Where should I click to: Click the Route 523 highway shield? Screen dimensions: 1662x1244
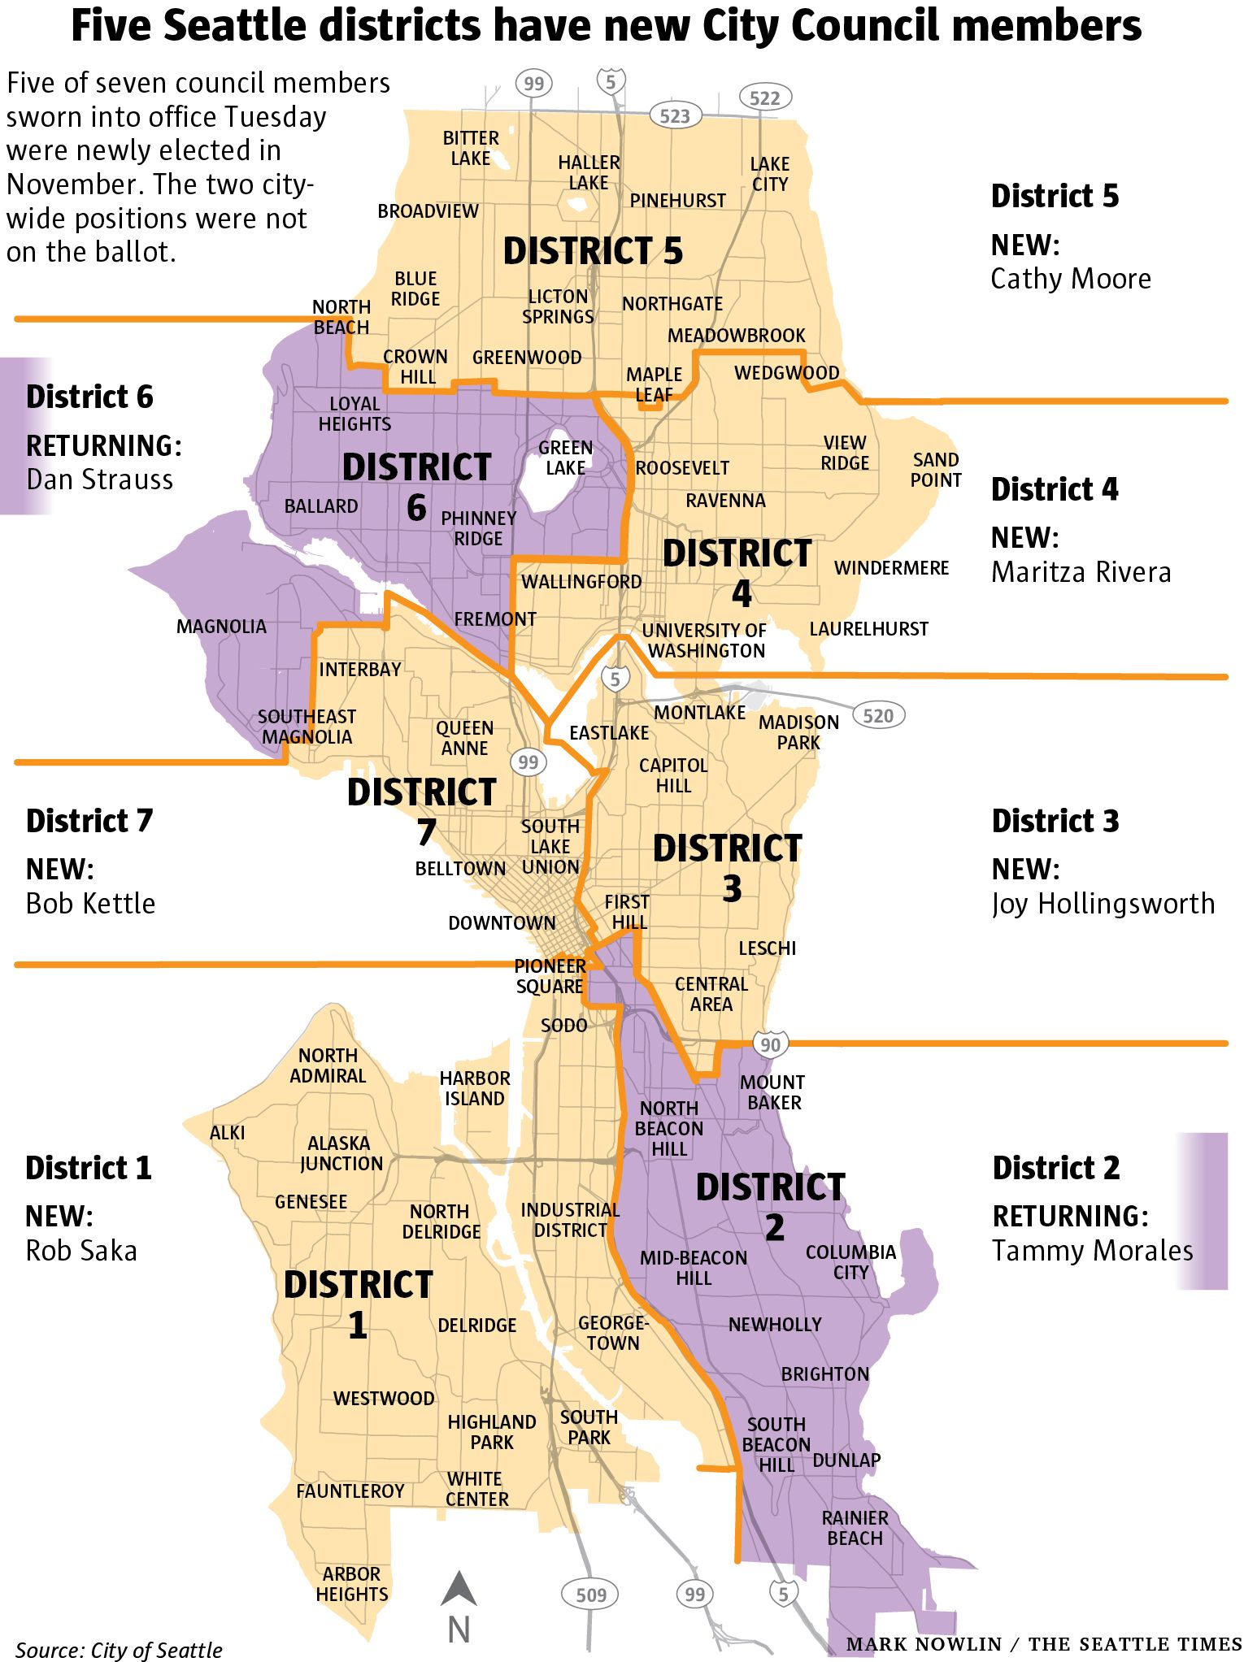(675, 116)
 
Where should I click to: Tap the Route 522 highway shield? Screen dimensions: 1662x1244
(764, 98)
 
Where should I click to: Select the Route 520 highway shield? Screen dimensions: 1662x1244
(878, 715)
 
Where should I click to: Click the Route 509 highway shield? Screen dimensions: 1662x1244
(591, 1595)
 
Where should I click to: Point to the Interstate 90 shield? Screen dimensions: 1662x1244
(770, 1044)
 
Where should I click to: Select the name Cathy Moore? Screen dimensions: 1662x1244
(1070, 279)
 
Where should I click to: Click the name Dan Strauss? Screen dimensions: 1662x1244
(99, 480)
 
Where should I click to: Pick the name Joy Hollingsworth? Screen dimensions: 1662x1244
(1103, 904)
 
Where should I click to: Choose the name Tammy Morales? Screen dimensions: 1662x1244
(1092, 1250)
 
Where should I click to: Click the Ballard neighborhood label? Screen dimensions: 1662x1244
(321, 506)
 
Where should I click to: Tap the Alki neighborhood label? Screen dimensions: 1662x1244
(227, 1132)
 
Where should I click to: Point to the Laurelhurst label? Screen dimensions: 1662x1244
(868, 628)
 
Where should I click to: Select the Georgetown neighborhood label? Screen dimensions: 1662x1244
(613, 1333)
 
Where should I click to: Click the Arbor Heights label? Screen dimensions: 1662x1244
(351, 1584)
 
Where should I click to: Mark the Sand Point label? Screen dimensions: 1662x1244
(935, 470)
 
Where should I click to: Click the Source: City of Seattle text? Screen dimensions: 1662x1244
(119, 1650)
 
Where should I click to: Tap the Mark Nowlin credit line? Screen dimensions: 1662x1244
(1044, 1644)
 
